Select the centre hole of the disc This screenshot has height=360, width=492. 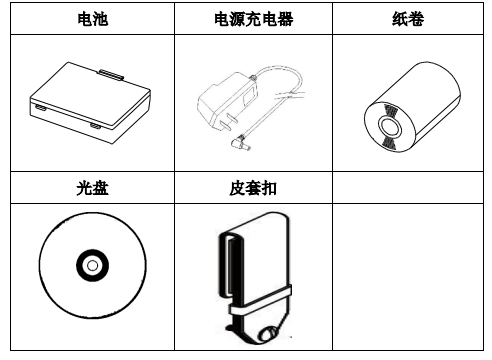pos(90,265)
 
